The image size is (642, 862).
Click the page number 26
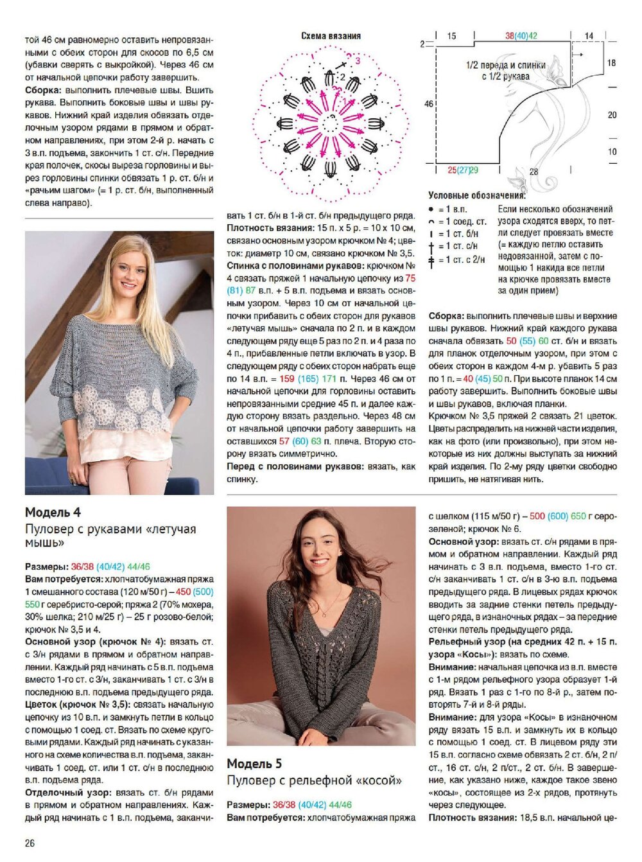30,843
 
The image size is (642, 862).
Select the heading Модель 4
53,513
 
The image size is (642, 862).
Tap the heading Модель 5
254,764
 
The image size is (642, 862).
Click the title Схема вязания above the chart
331,36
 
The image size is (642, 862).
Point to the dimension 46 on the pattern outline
428,103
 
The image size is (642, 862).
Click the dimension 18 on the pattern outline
611,63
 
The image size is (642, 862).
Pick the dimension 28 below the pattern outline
534,172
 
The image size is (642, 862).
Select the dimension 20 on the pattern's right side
612,115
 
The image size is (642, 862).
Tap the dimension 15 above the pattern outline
452,37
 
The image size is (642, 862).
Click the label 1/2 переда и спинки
506,66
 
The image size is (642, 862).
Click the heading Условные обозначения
476,195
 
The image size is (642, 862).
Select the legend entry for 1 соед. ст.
457,222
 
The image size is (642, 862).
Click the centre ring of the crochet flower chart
331,119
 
